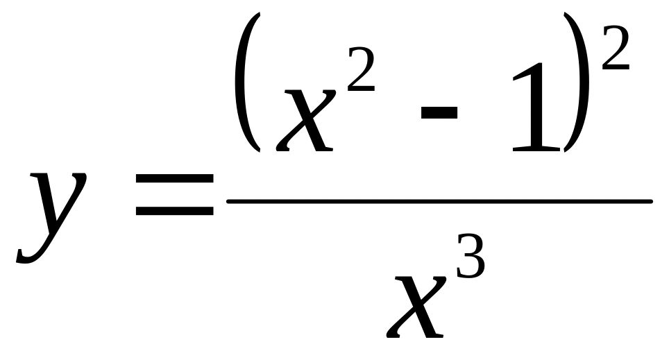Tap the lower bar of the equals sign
pos(174,211)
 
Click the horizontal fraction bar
pos(439,201)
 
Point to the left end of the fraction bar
pos(227,201)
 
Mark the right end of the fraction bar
pos(652,201)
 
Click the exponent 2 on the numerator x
pos(362,69)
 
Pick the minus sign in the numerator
pos(439,112)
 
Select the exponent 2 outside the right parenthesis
pos(616,47)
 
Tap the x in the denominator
pos(415,307)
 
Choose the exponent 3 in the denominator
pos(471,256)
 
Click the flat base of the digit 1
pos(536,149)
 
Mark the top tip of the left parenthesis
pos(259,12)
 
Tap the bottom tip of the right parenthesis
pos(565,151)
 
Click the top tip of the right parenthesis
pos(565,13)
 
